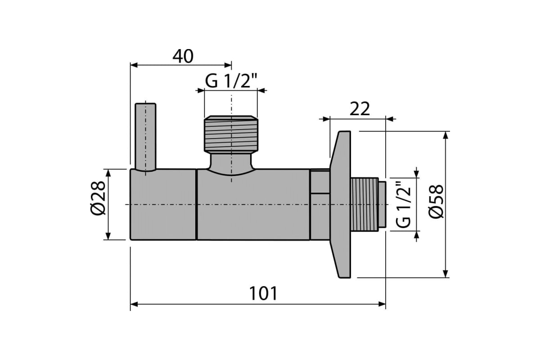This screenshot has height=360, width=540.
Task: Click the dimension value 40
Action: coord(183,56)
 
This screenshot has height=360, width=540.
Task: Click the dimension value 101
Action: coord(263,293)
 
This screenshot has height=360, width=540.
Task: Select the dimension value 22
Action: coord(360,109)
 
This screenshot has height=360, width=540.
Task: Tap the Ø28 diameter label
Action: coord(98,198)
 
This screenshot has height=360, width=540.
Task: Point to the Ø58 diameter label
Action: coord(436,202)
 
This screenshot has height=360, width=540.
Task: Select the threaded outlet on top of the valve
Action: coord(231,134)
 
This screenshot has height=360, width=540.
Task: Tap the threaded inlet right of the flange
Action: coord(368,204)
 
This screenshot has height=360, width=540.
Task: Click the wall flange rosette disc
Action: coord(340,204)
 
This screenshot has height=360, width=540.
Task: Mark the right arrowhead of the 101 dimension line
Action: coord(382,304)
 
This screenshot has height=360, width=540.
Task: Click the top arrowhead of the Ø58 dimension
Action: coord(445,135)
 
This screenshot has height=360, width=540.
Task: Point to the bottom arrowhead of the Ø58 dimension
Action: coord(445,274)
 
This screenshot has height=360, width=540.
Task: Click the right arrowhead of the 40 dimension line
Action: coord(228,65)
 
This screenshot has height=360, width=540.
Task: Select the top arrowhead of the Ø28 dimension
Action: coord(108,173)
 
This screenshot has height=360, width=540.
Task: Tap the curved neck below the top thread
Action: coord(231,164)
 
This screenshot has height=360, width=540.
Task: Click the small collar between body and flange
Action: coord(319,204)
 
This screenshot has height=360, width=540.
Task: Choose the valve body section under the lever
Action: coord(163,204)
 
